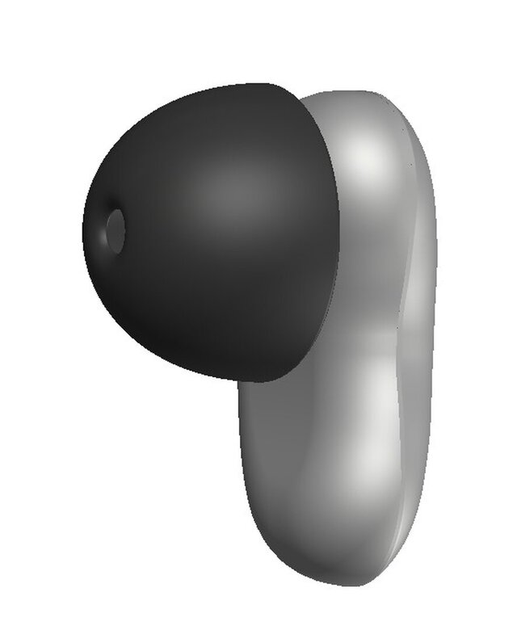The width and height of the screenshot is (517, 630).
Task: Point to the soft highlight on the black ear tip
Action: coord(230,190)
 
